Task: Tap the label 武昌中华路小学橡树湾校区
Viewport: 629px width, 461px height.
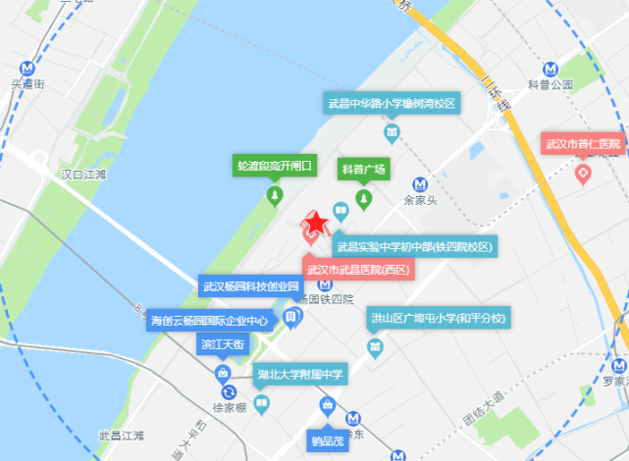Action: [392, 104]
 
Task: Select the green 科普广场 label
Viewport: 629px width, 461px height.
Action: [364, 169]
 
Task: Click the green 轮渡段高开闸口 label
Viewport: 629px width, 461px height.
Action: [274, 165]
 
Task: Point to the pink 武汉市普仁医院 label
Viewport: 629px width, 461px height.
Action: [583, 145]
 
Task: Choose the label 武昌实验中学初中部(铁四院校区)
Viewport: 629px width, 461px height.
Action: [413, 246]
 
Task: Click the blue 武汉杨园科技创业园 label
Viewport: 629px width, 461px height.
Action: [248, 287]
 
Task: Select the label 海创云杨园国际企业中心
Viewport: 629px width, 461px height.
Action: [209, 320]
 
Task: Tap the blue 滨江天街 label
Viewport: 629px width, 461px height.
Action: [224, 343]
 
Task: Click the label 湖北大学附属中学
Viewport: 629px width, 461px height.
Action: [300, 374]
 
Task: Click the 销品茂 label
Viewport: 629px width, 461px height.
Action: [328, 439]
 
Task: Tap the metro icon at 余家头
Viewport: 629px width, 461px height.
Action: [420, 183]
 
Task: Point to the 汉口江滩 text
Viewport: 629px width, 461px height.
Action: [82, 175]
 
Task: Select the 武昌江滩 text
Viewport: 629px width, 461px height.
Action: [121, 435]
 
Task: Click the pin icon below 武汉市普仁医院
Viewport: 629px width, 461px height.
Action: [583, 175]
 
